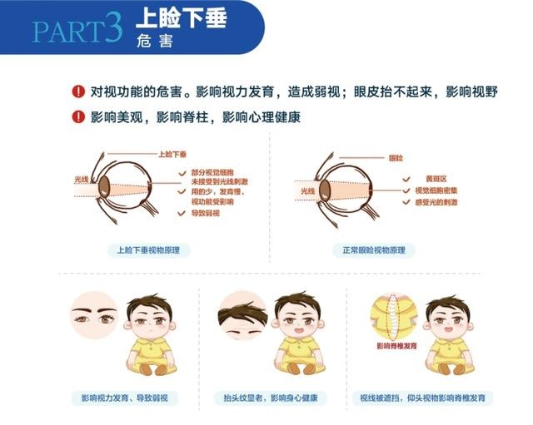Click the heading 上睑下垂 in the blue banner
[x=182, y=17]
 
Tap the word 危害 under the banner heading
[x=155, y=41]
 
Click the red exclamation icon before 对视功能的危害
[x=78, y=91]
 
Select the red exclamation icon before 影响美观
[x=78, y=116]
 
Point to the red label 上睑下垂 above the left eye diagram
[x=172, y=155]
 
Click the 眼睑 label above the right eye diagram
[x=396, y=158]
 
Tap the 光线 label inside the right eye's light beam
[x=307, y=191]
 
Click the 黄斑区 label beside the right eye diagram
[x=436, y=179]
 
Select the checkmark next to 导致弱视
[x=182, y=213]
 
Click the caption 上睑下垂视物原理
[x=148, y=250]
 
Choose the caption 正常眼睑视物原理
[x=374, y=250]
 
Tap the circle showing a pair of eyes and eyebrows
[x=95, y=315]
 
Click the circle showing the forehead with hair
[x=242, y=315]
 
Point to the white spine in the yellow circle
[x=393, y=317]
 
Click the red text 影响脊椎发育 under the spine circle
[x=396, y=346]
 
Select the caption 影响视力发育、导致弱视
[x=125, y=398]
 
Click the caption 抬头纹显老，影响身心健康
[x=271, y=398]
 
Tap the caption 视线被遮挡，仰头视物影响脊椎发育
[x=422, y=398]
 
